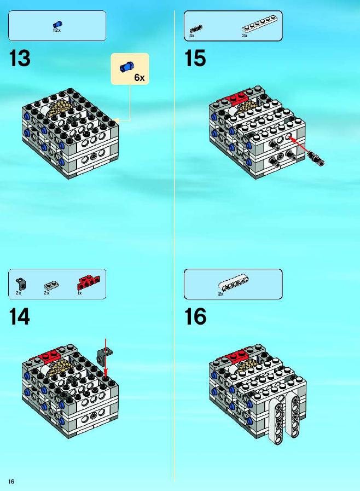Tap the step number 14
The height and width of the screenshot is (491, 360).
(20, 316)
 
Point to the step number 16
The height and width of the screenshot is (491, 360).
(195, 316)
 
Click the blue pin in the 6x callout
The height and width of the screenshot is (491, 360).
(127, 66)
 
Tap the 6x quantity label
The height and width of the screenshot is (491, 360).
(140, 77)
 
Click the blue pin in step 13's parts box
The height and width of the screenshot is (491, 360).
(57, 24)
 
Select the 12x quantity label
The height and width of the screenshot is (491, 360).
(57, 30)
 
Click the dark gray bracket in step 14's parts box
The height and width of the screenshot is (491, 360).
(21, 284)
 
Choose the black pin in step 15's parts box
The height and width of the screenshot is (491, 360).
(196, 28)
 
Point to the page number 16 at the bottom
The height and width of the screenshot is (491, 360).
(11, 481)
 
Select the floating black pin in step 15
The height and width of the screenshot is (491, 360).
(316, 158)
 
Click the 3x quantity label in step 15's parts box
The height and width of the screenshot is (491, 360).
(245, 36)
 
